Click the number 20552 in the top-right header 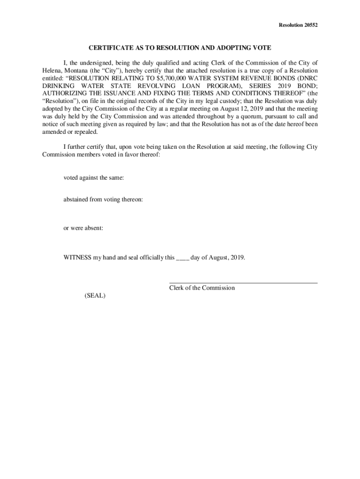[310, 25]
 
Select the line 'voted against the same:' [94, 178]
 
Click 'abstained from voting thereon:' [103, 199]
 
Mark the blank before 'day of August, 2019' [182, 258]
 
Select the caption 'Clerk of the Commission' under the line [202, 288]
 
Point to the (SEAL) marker [95, 296]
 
